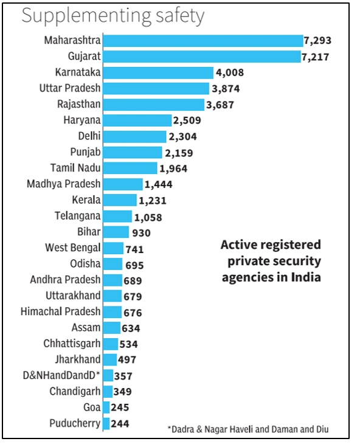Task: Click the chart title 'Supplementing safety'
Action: [112, 16]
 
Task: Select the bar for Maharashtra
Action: [202, 41]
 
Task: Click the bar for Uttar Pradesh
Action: [157, 88]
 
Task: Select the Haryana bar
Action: [137, 120]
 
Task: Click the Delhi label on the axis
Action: [89, 136]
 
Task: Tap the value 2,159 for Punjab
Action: [178, 152]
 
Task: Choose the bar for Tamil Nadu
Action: [130, 168]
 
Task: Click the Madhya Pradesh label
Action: [64, 184]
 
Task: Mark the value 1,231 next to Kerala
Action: [153, 200]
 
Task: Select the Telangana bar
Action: [117, 216]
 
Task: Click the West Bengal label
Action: [73, 248]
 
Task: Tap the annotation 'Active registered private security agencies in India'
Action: [271, 261]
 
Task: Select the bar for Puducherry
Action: [106, 423]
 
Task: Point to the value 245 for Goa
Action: [121, 407]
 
